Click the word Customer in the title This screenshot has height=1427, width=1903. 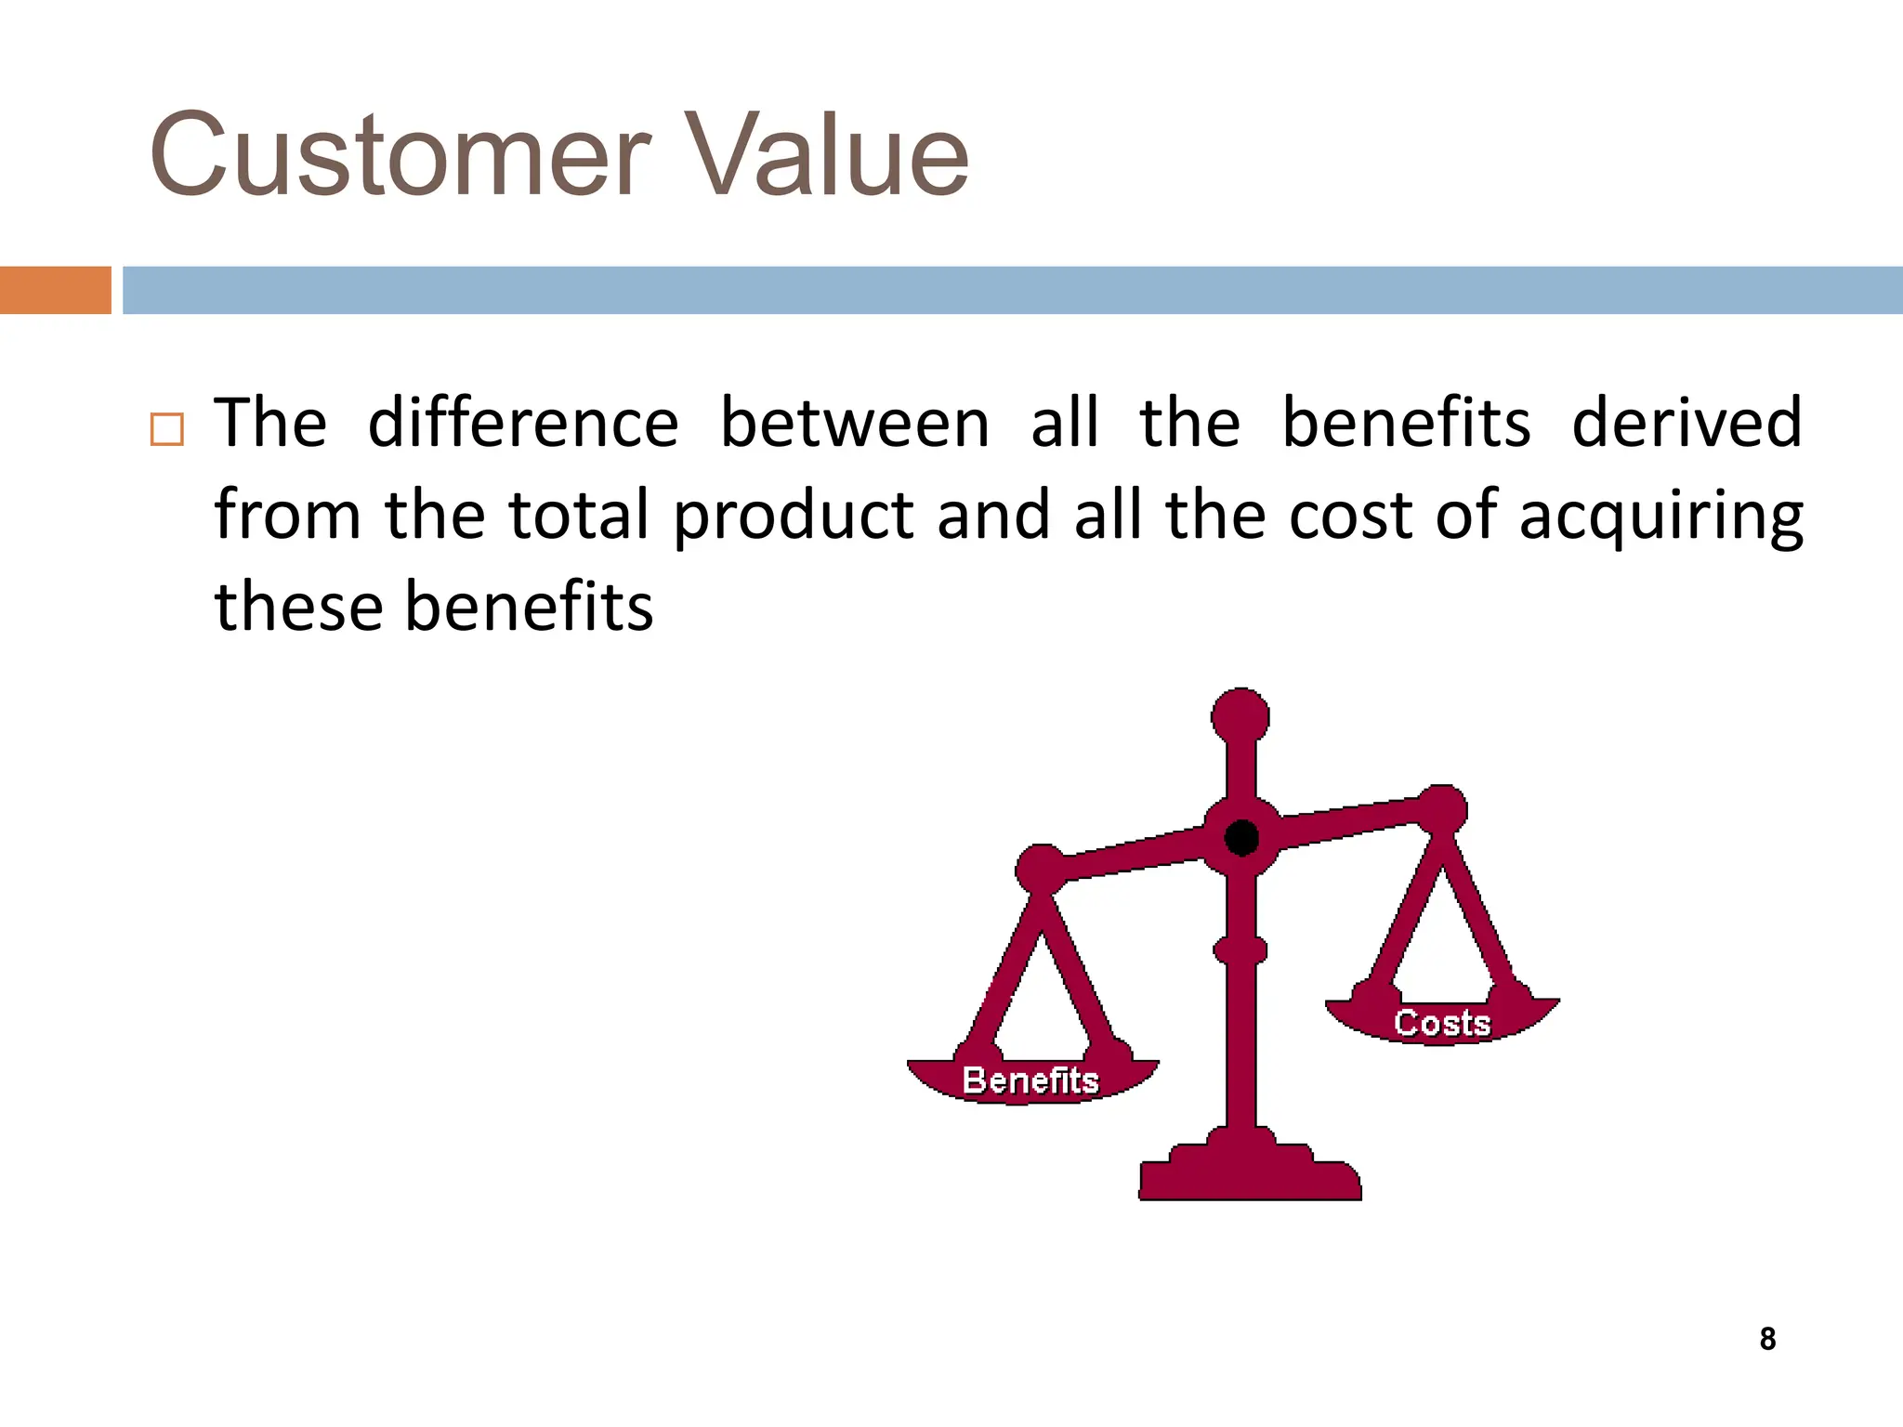(x=400, y=155)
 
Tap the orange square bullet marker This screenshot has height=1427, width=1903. (x=167, y=429)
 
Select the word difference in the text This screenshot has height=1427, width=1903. (x=523, y=424)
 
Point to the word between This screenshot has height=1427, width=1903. (x=854, y=424)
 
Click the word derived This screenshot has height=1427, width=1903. (x=1686, y=424)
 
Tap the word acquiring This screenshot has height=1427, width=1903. (x=1660, y=517)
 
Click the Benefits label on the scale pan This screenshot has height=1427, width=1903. (x=1030, y=1080)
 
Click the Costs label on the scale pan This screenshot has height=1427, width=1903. (x=1442, y=1023)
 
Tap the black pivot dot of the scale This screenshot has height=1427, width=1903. (x=1241, y=838)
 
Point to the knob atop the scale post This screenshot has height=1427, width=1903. (x=1240, y=717)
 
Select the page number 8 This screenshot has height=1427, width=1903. (x=1767, y=1339)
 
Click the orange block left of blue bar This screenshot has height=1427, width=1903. (x=56, y=290)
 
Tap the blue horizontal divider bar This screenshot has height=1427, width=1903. (x=1013, y=290)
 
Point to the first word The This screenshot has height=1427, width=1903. (x=270, y=424)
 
